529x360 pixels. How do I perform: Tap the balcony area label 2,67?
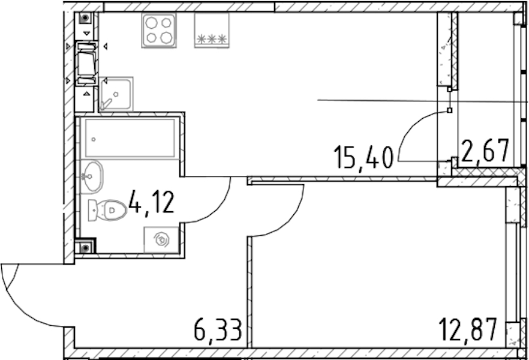click(485, 151)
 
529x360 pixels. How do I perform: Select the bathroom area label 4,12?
click(151, 202)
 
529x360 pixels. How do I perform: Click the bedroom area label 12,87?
click(468, 329)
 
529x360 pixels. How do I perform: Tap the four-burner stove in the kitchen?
click(159, 31)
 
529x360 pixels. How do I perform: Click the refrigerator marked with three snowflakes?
click(212, 31)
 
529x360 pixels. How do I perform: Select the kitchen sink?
click(116, 94)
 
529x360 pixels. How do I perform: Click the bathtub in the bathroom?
click(130, 138)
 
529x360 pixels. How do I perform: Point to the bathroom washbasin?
click(91, 177)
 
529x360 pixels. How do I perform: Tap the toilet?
click(107, 211)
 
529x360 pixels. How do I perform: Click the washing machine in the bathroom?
click(161, 240)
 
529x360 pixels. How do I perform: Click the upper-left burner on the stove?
click(151, 23)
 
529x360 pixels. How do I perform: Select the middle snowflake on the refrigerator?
click(212, 39)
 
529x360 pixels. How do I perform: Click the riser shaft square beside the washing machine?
click(85, 248)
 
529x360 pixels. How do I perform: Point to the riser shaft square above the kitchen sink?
click(85, 18)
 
